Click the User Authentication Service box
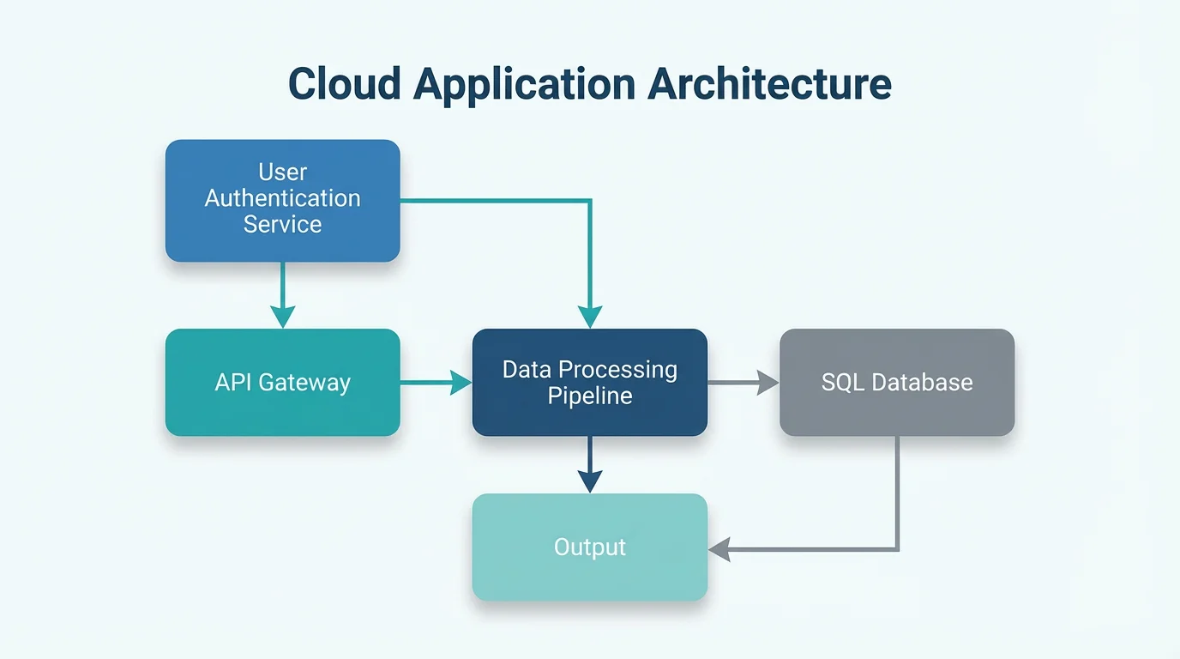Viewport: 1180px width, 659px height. [x=282, y=201]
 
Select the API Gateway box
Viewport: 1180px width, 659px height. [x=282, y=383]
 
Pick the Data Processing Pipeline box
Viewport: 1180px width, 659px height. [x=590, y=383]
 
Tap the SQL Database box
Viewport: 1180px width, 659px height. [x=897, y=383]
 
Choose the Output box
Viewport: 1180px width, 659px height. [x=590, y=547]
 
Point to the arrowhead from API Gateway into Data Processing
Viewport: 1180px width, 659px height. [x=461, y=383]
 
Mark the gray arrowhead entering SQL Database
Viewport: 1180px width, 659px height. [x=768, y=383]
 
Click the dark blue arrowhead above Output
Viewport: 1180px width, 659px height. [x=590, y=481]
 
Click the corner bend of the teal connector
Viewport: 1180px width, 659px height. [x=590, y=201]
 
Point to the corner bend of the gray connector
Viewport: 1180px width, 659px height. [x=897, y=548]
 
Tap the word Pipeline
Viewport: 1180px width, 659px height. [x=590, y=396]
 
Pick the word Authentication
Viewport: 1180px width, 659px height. [x=282, y=198]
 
